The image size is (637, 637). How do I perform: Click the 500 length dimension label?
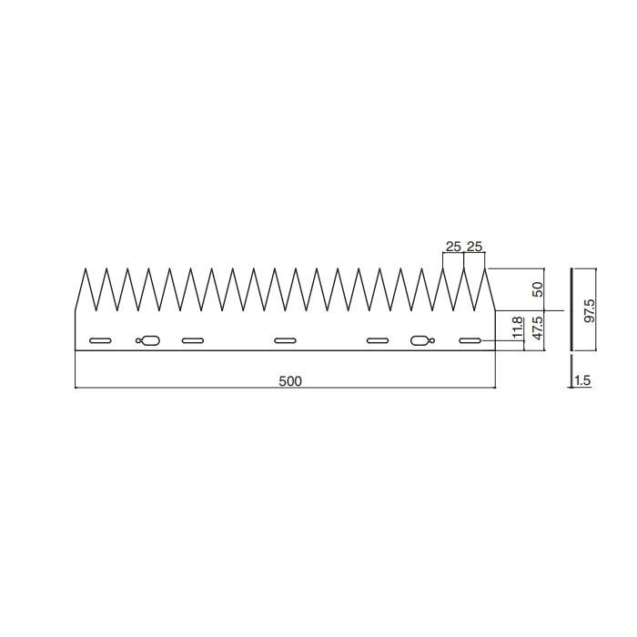[x=290, y=381]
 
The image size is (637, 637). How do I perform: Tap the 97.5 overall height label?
[x=589, y=311]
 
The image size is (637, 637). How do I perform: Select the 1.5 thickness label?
[x=582, y=380]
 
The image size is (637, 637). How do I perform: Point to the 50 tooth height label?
[x=538, y=289]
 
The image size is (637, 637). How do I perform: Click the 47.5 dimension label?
[x=538, y=329]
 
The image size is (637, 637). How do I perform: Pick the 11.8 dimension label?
[x=517, y=328]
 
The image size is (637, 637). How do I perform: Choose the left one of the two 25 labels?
[x=453, y=247]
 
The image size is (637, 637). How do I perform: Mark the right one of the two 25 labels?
[x=474, y=247]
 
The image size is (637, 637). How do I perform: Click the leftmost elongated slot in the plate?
[x=100, y=340]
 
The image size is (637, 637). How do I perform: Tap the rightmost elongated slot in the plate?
[x=470, y=340]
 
